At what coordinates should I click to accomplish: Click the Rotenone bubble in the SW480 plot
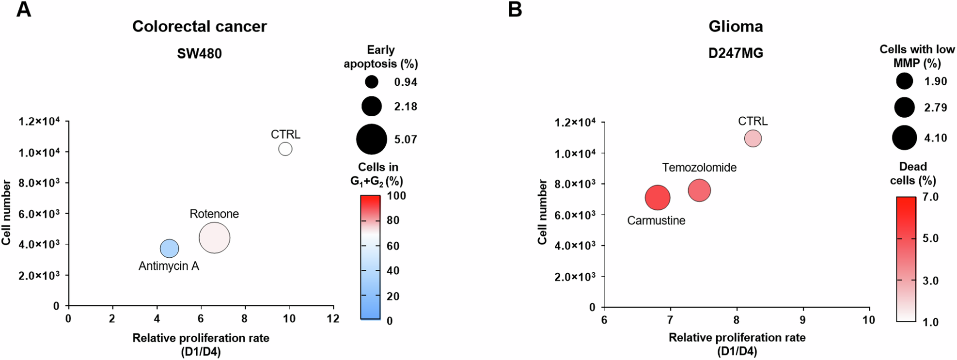click(214, 238)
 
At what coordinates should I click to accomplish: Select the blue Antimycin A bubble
click(169, 249)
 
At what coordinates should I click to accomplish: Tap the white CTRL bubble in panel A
click(285, 149)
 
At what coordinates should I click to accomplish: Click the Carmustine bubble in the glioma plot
click(657, 198)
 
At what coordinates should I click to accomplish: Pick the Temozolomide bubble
click(699, 190)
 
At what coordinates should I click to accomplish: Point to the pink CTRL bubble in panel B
click(753, 139)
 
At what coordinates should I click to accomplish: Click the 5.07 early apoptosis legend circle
click(371, 140)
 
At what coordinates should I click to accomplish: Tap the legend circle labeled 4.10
click(904, 138)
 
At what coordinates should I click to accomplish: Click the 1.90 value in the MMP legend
click(935, 81)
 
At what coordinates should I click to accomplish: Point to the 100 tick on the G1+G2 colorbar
click(397, 196)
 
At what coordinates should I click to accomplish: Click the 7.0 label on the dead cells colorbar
click(930, 197)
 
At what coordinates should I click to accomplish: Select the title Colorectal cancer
click(199, 26)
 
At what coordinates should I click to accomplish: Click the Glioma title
click(736, 26)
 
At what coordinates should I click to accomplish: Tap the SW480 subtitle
click(199, 53)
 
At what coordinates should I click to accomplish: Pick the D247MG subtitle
click(736, 53)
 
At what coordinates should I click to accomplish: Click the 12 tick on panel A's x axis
click(333, 318)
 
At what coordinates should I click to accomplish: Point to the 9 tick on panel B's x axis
click(803, 320)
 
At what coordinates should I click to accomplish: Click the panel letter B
click(515, 10)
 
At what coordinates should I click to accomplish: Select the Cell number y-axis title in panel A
click(7, 213)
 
